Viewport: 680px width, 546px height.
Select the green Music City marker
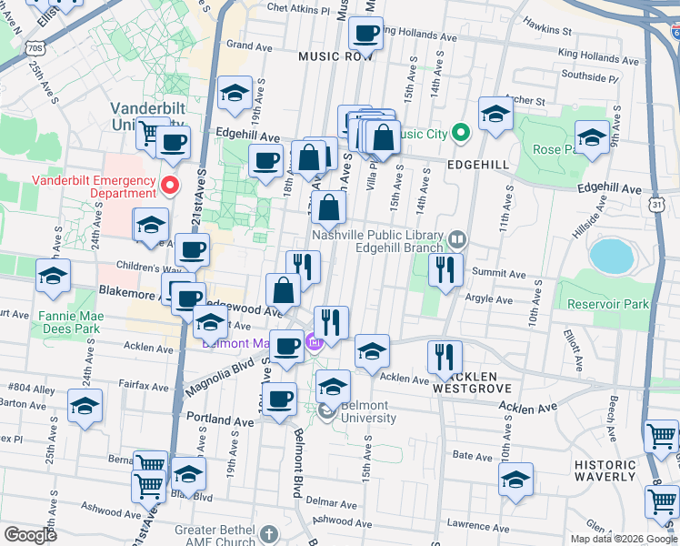(x=461, y=135)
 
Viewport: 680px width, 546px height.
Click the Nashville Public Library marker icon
(x=457, y=240)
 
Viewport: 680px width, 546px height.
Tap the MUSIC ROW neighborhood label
(x=335, y=56)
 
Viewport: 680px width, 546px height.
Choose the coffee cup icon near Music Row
(x=366, y=35)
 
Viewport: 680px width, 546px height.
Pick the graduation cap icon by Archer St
(x=495, y=115)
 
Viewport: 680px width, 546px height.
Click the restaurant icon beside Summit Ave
(x=445, y=269)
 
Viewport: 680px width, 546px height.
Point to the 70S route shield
(x=35, y=46)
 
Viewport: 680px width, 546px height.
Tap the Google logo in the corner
(x=30, y=535)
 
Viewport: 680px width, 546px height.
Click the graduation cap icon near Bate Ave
(x=516, y=480)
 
